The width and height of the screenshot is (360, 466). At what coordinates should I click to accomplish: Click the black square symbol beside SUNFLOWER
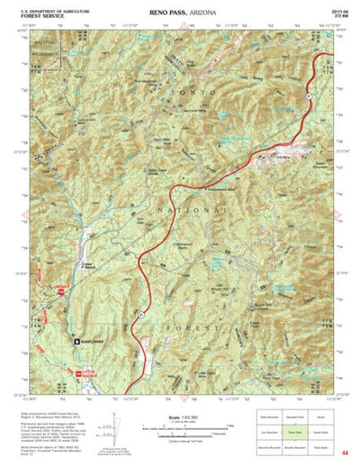(x=76, y=341)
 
